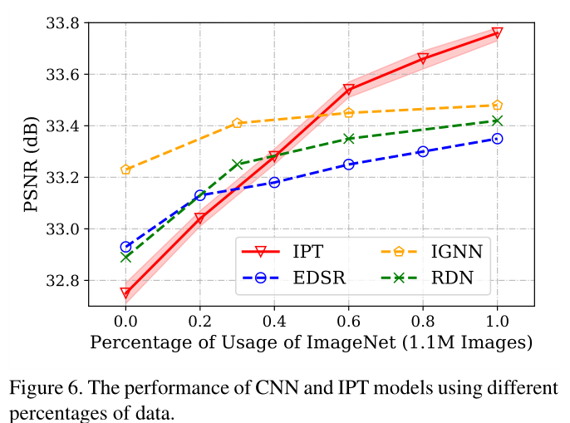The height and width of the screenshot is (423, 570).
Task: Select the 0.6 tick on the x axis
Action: (x=348, y=319)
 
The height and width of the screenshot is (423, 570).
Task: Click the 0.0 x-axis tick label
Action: (x=125, y=319)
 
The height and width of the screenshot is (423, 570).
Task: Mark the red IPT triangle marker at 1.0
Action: (x=497, y=33)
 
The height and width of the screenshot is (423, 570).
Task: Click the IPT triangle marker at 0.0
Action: (x=125, y=293)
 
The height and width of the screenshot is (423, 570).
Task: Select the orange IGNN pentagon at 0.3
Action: (x=237, y=123)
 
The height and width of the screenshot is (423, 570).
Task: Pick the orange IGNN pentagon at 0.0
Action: (x=125, y=170)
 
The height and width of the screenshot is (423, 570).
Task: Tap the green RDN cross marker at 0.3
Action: (x=237, y=165)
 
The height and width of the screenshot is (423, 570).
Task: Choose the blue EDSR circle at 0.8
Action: (x=423, y=151)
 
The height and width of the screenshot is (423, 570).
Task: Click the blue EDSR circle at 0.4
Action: (x=274, y=182)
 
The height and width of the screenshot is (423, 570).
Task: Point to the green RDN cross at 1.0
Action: (x=497, y=121)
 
